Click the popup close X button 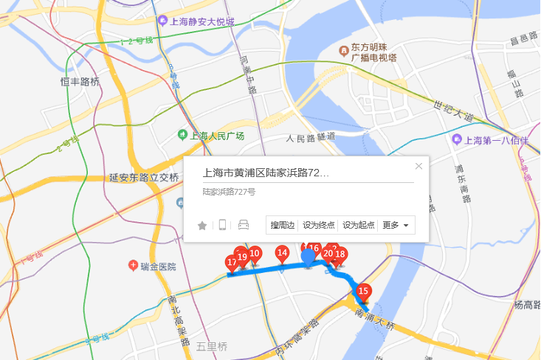[419, 166]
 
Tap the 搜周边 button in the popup [283, 225]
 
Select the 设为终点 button [319, 225]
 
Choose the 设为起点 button [359, 225]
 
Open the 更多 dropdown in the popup [396, 225]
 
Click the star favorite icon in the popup [202, 225]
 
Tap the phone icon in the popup [222, 225]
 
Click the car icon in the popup [244, 225]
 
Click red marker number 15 [362, 291]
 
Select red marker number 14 [282, 253]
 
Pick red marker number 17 [232, 263]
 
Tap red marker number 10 [254, 253]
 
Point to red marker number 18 [340, 255]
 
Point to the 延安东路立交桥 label [144, 178]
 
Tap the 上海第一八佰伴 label [495, 140]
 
